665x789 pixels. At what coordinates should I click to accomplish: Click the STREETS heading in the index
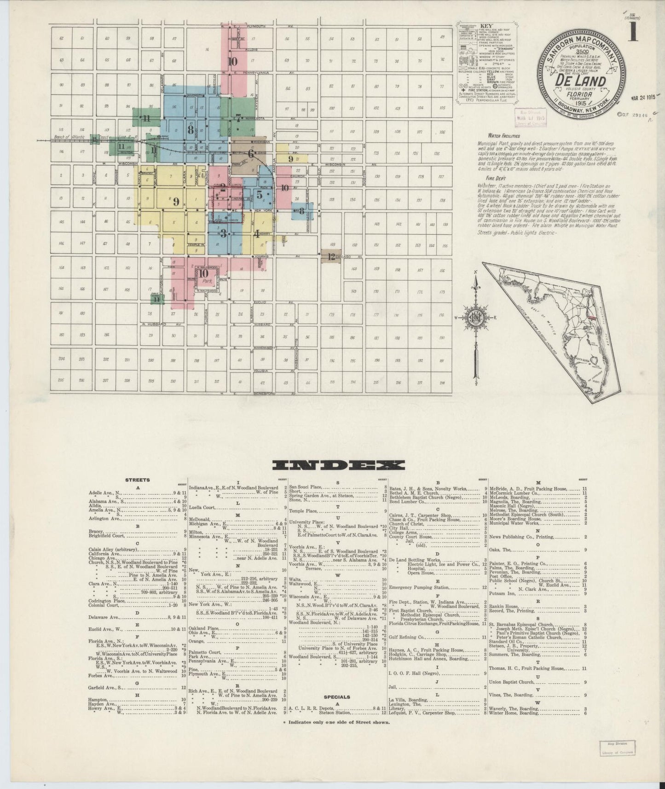click(x=137, y=480)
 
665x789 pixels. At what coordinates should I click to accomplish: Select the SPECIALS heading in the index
click(x=337, y=697)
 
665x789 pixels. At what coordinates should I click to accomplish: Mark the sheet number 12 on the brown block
click(x=331, y=256)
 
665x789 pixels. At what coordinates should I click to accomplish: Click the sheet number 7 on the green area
click(x=238, y=116)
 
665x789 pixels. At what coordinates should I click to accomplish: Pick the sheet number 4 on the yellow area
click(x=257, y=233)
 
